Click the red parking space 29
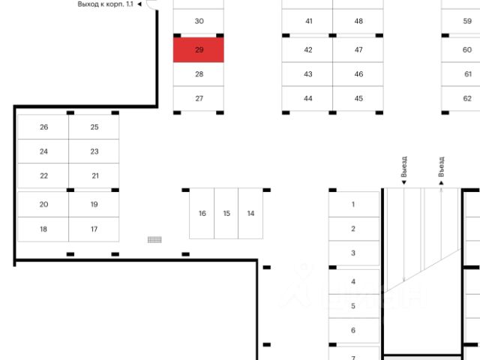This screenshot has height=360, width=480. tap(199, 49)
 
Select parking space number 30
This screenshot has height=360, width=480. tap(199, 21)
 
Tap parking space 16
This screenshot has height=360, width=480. tap(202, 213)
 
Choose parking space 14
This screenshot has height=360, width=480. tap(250, 213)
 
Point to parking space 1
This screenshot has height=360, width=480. tap(353, 204)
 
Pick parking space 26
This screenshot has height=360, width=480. tap(43, 127)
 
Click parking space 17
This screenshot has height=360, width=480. tap(94, 229)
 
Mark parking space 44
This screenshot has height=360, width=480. tap(308, 98)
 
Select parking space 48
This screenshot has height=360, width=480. tap(358, 21)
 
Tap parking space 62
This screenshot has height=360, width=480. tap(466, 98)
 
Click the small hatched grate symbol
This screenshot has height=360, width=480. tap(155, 240)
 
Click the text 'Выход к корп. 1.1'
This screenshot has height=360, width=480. tap(105, 4)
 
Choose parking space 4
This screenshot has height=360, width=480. tap(353, 282)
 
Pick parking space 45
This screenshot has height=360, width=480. tap(358, 98)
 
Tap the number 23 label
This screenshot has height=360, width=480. tap(94, 151)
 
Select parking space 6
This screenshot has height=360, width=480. tap(353, 330)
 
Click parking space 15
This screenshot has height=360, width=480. tap(226, 213)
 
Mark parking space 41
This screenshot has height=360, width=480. tap(308, 21)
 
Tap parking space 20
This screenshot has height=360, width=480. tap(43, 204)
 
